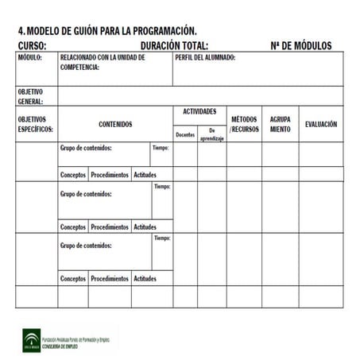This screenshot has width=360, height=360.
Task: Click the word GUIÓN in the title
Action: tap(82, 31)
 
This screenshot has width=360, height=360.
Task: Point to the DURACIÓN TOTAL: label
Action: tap(174, 45)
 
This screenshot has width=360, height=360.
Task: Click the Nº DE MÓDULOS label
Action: tap(301, 45)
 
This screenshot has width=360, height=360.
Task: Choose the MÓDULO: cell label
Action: tap(31, 58)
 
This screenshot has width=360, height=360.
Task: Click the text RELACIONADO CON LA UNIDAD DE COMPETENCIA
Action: tap(103, 63)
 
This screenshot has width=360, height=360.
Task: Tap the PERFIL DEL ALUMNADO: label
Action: tap(204, 58)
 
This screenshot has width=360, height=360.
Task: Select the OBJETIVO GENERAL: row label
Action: tap(31, 96)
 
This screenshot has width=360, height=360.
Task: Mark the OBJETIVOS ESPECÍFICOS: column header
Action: tap(35, 124)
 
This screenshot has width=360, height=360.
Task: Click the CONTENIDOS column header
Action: tap(115, 125)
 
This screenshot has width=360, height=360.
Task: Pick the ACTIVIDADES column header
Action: tap(199, 112)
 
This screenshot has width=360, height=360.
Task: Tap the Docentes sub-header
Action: tap(185, 134)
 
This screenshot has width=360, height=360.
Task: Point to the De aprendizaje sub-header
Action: tap(212, 134)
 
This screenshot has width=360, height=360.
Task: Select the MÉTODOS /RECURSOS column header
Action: tap(244, 124)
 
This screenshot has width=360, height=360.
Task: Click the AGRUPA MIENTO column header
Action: tap(280, 124)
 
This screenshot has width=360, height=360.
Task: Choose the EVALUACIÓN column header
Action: tap(321, 125)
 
